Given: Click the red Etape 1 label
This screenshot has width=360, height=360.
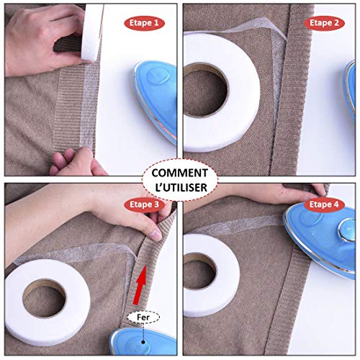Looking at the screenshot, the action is point(144,23).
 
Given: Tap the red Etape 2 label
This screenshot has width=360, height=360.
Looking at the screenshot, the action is point(324,23).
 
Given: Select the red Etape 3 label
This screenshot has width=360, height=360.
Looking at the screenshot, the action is point(144,204).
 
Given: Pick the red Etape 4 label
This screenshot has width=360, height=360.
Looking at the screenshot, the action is point(324,204).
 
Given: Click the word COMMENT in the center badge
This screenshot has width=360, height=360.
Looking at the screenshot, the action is point(180,173).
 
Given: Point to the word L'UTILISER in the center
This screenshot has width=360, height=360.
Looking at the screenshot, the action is point(181,187).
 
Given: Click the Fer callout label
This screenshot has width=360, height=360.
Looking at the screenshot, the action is point(143,318).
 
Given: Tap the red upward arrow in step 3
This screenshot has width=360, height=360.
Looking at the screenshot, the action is point(140,285).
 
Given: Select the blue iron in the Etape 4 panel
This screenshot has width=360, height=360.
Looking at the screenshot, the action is point(320,240).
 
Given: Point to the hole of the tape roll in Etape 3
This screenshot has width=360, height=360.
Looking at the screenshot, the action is point(45,298).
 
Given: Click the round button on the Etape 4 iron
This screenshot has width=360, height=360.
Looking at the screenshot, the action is point(347,230).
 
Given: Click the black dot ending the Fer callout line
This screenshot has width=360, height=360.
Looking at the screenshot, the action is point(143,342).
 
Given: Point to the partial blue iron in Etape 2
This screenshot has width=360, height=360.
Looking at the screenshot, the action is point(350,90).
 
